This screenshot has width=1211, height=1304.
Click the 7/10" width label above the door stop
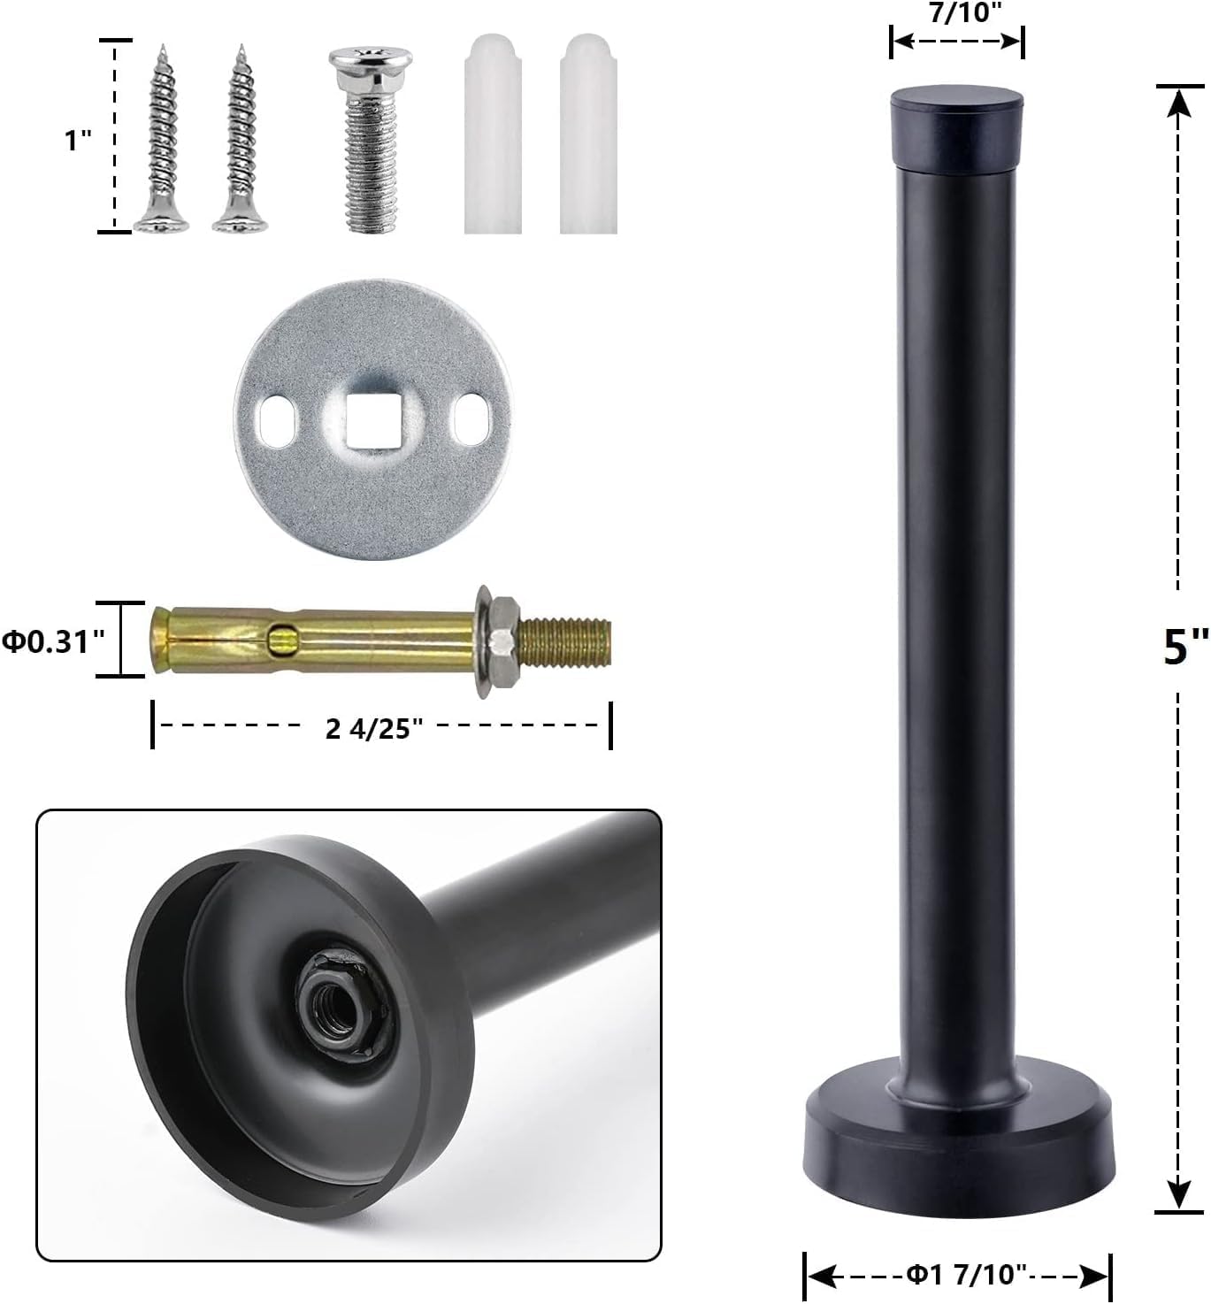coord(965,13)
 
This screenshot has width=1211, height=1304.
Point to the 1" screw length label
coord(78,140)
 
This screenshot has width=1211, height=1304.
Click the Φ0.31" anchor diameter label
coord(53,641)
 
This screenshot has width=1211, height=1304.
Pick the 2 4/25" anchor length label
coord(374,728)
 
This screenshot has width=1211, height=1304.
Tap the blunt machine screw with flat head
coord(371,140)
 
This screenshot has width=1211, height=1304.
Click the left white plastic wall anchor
coord(493,134)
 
